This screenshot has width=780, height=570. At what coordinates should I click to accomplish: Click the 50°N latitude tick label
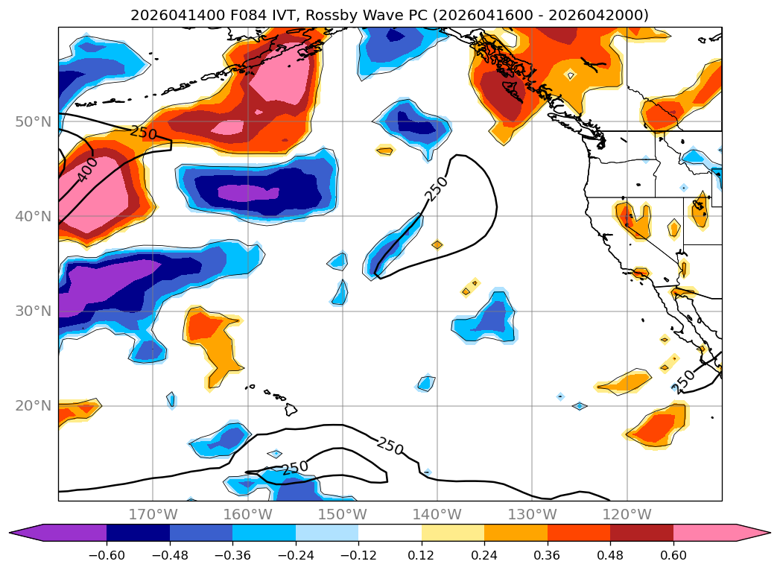pyautogui.click(x=34, y=122)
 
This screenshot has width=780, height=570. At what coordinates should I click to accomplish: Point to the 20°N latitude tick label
pyautogui.click(x=34, y=406)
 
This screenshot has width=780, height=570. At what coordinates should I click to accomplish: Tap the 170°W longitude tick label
pyautogui.click(x=153, y=514)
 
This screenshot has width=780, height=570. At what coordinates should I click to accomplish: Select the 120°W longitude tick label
pyautogui.click(x=627, y=514)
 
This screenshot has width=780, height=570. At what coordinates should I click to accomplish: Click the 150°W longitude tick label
pyautogui.click(x=342, y=514)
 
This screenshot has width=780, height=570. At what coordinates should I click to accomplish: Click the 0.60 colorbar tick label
pyautogui.click(x=673, y=555)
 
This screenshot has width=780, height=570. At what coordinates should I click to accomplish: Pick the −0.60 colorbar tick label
pyautogui.click(x=107, y=555)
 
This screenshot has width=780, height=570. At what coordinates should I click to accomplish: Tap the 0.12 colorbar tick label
pyautogui.click(x=422, y=555)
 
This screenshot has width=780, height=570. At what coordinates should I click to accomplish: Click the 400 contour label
pyautogui.click(x=88, y=170)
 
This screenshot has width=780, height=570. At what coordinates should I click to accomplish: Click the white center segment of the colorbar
pyautogui.click(x=390, y=533)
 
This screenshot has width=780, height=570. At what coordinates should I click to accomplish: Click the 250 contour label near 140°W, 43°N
pyautogui.click(x=437, y=189)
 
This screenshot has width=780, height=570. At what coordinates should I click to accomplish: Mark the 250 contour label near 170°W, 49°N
pyautogui.click(x=144, y=133)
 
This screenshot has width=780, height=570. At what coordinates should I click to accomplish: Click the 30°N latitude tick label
pyautogui.click(x=34, y=311)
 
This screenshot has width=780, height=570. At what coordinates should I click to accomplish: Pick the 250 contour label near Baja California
pyautogui.click(x=683, y=381)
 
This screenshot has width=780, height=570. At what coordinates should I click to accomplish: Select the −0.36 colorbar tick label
pyautogui.click(x=232, y=555)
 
